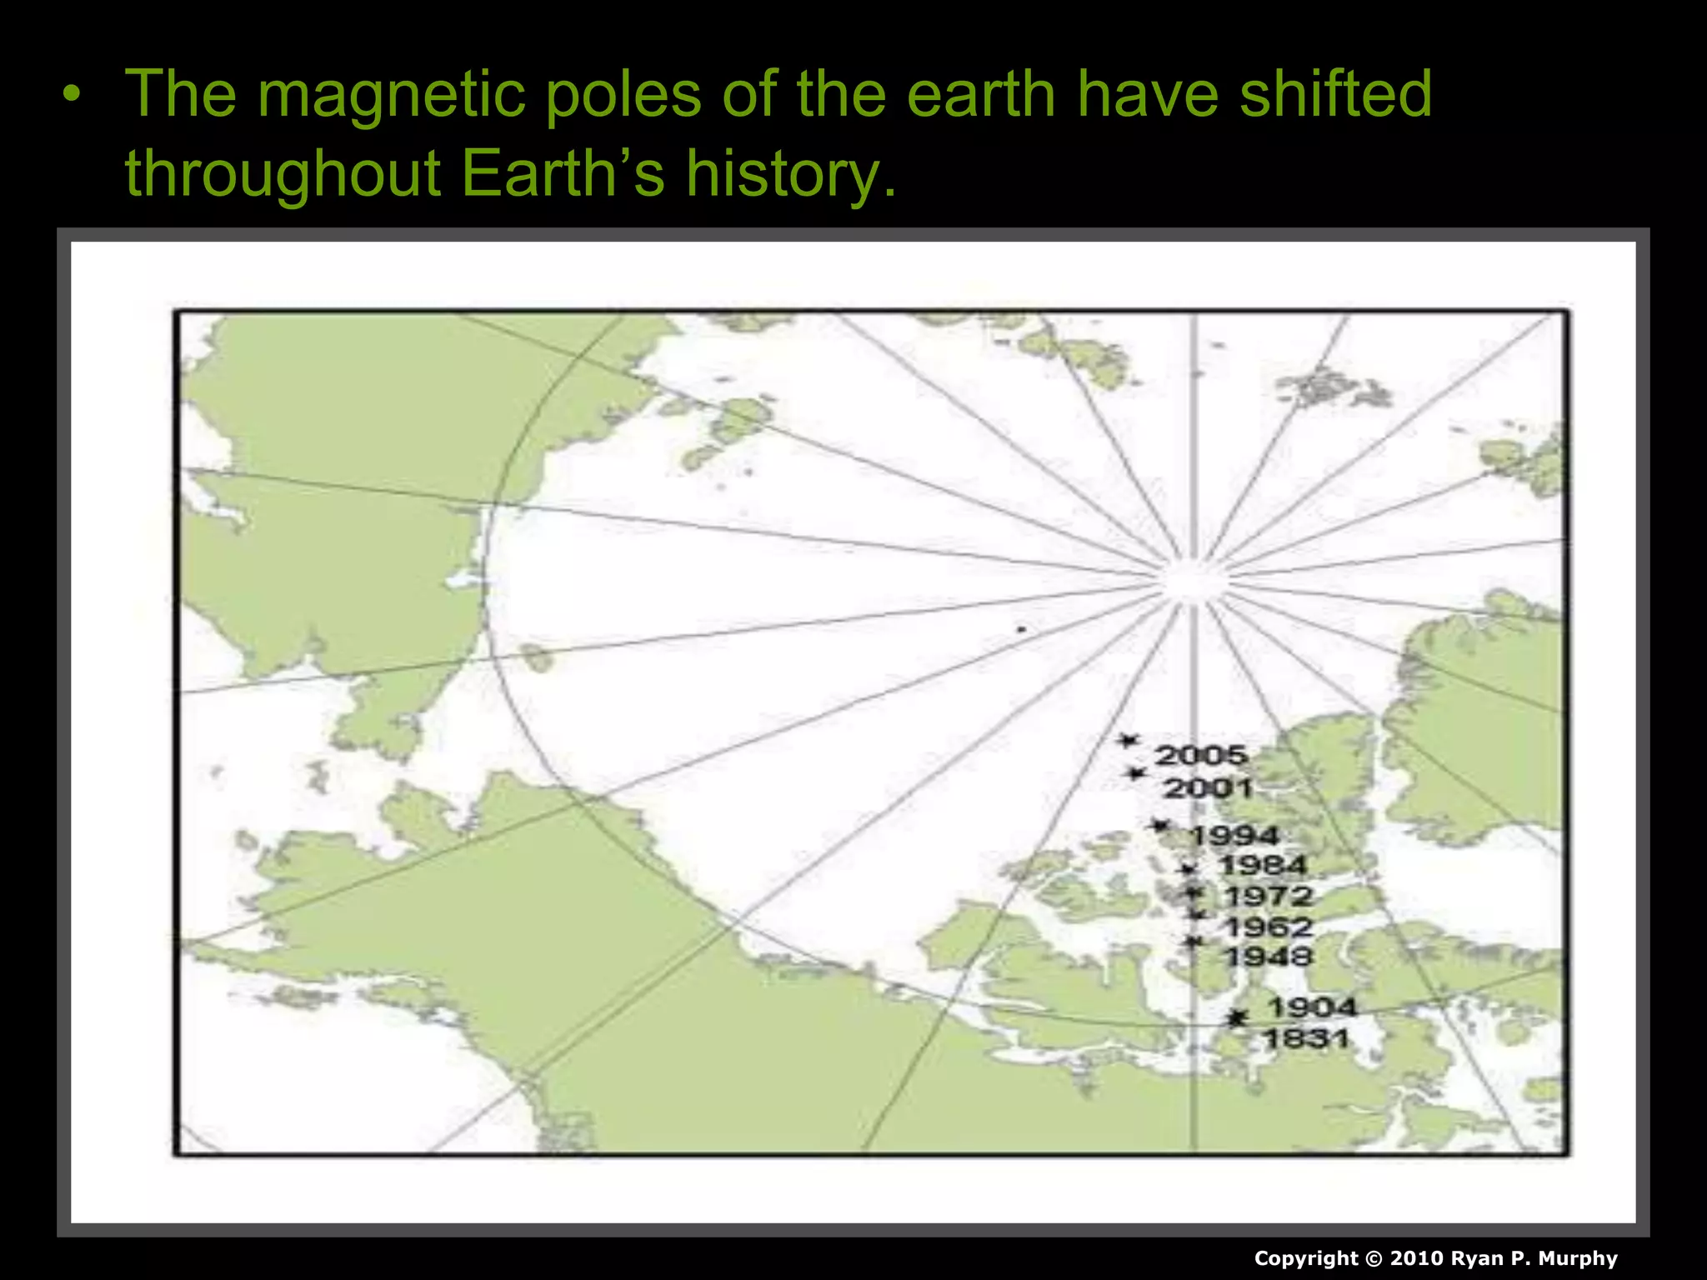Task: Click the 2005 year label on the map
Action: (1201, 755)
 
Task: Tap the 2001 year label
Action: (1208, 787)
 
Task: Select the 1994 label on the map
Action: (1234, 835)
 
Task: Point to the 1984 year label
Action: (1263, 866)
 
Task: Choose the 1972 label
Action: (1269, 897)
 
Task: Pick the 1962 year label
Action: (1269, 927)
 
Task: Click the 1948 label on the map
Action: (1269, 957)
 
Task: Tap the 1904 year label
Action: (1312, 1007)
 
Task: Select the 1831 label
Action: (1306, 1038)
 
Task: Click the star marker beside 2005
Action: (1129, 740)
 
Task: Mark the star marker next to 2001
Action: (1134, 773)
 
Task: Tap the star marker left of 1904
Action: (1238, 1017)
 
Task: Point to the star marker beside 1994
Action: (1159, 825)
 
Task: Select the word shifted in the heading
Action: (1335, 93)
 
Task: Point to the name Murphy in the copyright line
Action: (1578, 1258)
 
